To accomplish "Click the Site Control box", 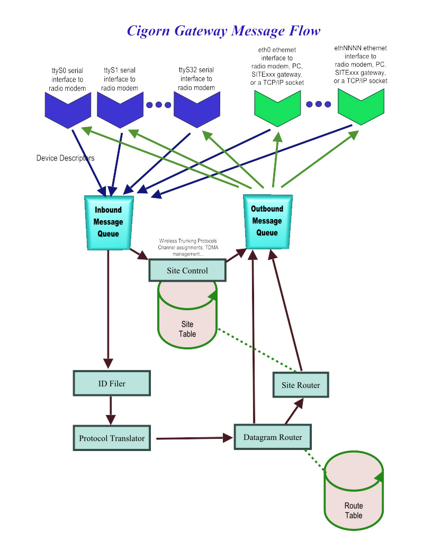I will [187, 271].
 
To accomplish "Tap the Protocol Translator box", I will [112, 438].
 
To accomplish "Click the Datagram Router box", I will [273, 437].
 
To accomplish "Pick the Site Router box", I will [301, 385].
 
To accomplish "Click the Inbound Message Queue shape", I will [108, 222].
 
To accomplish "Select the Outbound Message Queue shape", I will [267, 221].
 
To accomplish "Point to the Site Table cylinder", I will [187, 323].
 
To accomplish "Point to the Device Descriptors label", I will [66, 158].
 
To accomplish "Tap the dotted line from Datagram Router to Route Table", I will [317, 459].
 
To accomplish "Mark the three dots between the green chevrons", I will [319, 104].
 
